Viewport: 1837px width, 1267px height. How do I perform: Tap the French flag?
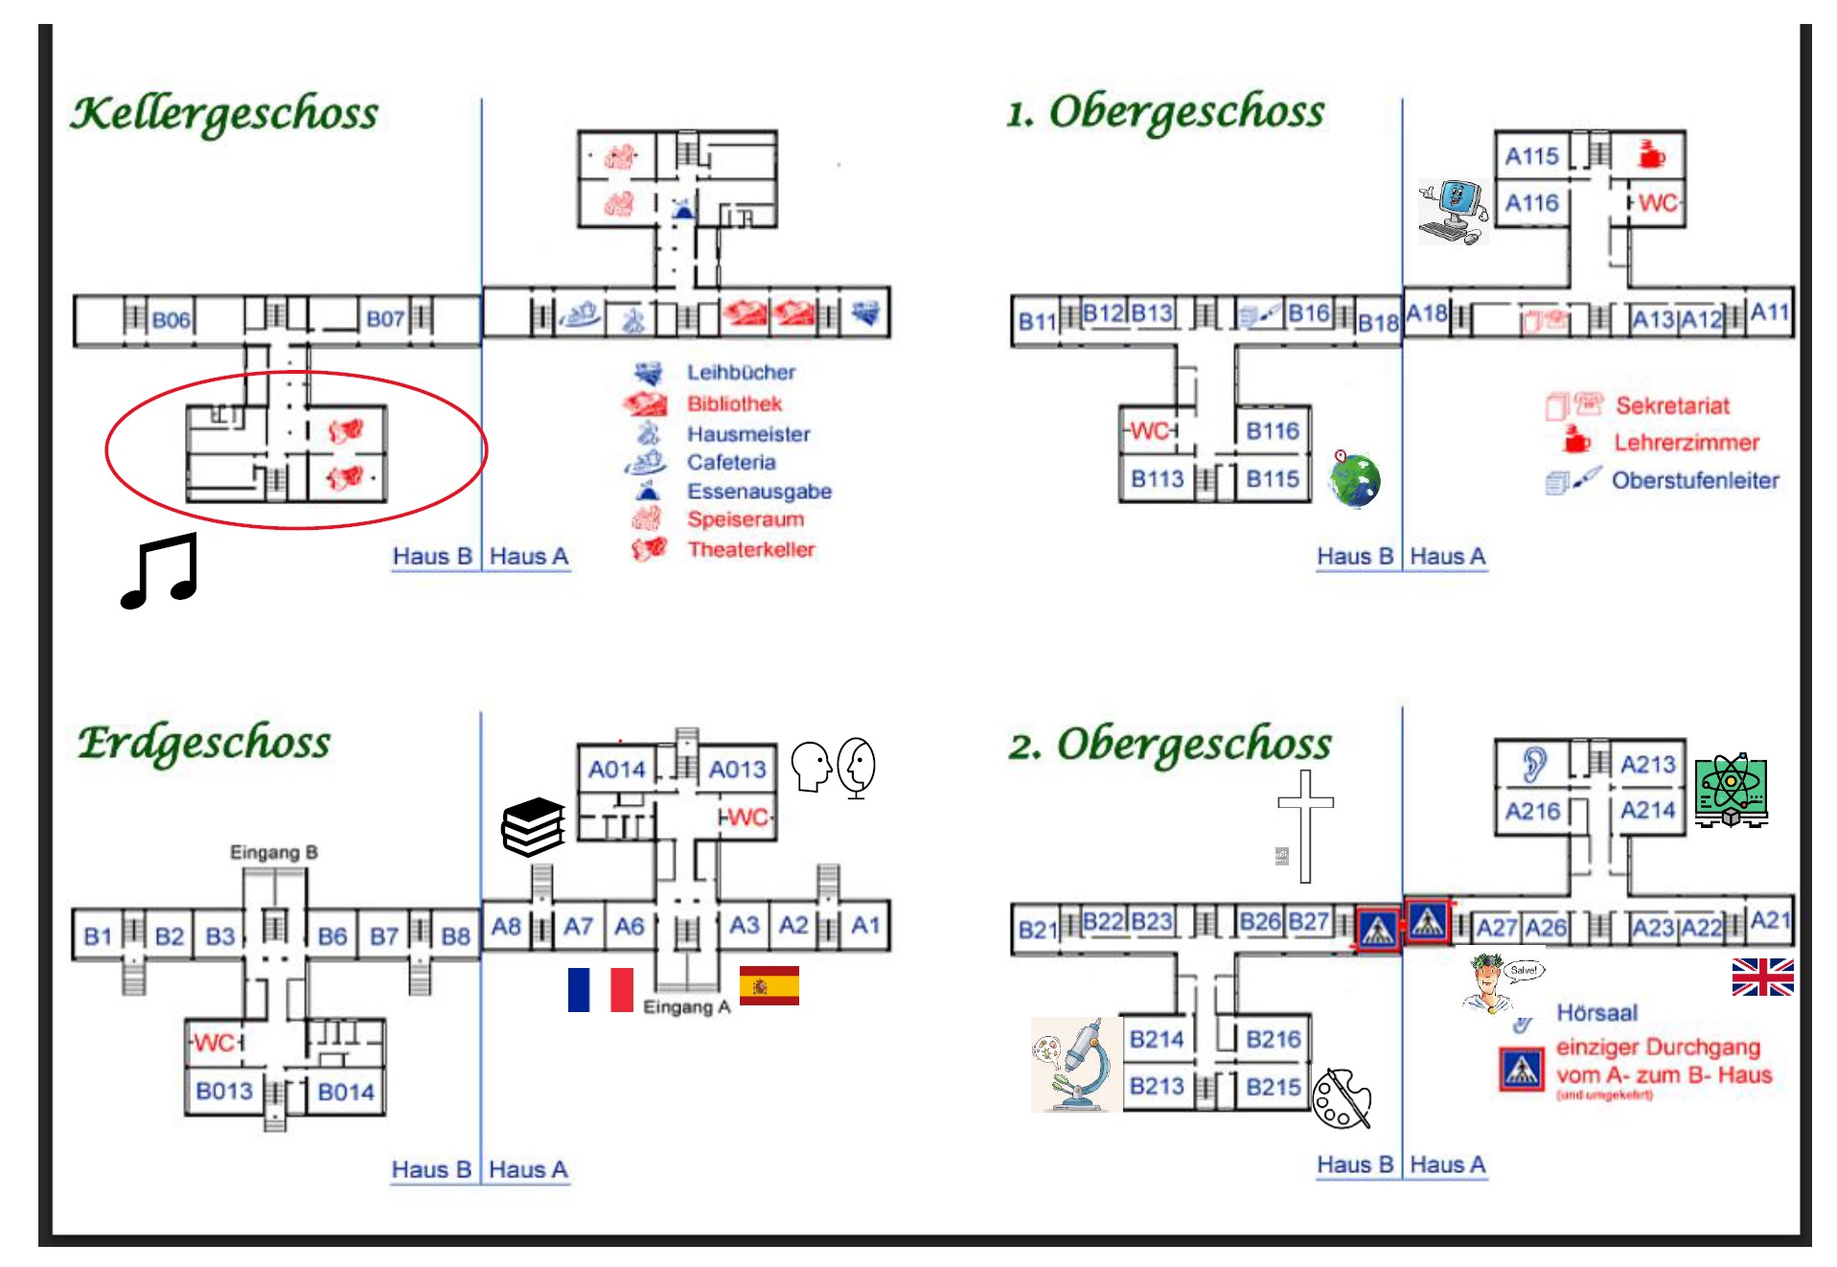tap(600, 990)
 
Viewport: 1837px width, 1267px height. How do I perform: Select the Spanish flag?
tap(769, 986)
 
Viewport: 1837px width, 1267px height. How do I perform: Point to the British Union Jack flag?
tap(1761, 977)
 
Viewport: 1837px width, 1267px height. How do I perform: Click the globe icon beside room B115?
tap(1354, 478)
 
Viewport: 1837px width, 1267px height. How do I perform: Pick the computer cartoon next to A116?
tap(1453, 211)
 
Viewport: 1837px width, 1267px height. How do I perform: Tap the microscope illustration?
tap(1074, 1065)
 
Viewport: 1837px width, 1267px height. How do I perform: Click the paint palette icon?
tap(1341, 1098)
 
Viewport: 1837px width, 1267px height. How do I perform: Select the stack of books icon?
tap(533, 826)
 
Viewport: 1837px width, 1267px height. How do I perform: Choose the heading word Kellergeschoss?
tap(224, 113)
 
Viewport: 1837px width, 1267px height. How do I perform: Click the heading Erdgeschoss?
tap(204, 743)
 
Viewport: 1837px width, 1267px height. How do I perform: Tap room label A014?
tap(616, 770)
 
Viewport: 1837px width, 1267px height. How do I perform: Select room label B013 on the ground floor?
tap(224, 1091)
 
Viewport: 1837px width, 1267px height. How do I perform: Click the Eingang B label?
tap(273, 852)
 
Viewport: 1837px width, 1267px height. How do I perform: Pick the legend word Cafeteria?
tap(730, 462)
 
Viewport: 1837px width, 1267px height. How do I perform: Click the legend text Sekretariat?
tap(1672, 405)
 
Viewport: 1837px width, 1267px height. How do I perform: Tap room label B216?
tap(1273, 1039)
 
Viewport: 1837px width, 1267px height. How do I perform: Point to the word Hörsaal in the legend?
tap(1596, 1012)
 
